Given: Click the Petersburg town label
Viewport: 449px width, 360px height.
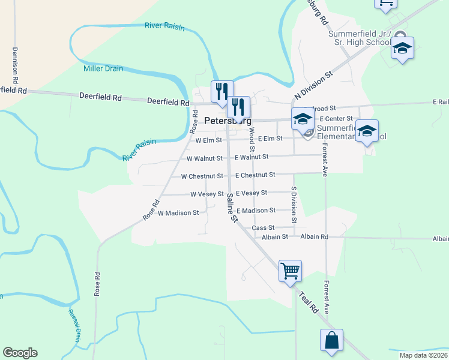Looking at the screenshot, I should click(x=228, y=120).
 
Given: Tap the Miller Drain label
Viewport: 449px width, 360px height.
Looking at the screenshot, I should click(x=103, y=69).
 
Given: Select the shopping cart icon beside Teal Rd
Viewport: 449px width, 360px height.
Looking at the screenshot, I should click(x=290, y=271).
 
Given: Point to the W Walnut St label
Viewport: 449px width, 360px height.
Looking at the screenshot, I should click(x=205, y=159).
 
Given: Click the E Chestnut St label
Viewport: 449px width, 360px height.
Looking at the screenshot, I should click(x=255, y=175).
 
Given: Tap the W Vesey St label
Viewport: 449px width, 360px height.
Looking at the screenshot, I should click(x=207, y=194).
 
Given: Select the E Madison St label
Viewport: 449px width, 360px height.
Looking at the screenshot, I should click(x=256, y=211).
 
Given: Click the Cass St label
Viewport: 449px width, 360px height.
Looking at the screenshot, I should click(x=263, y=228).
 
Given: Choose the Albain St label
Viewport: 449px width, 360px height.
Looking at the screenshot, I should click(x=275, y=237).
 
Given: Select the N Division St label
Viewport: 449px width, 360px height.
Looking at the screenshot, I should click(x=313, y=87).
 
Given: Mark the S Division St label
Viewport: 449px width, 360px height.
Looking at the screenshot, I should click(x=294, y=204).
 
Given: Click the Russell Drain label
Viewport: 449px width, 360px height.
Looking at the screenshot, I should click(x=74, y=326).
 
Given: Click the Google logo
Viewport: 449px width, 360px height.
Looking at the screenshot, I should click(x=20, y=353).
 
